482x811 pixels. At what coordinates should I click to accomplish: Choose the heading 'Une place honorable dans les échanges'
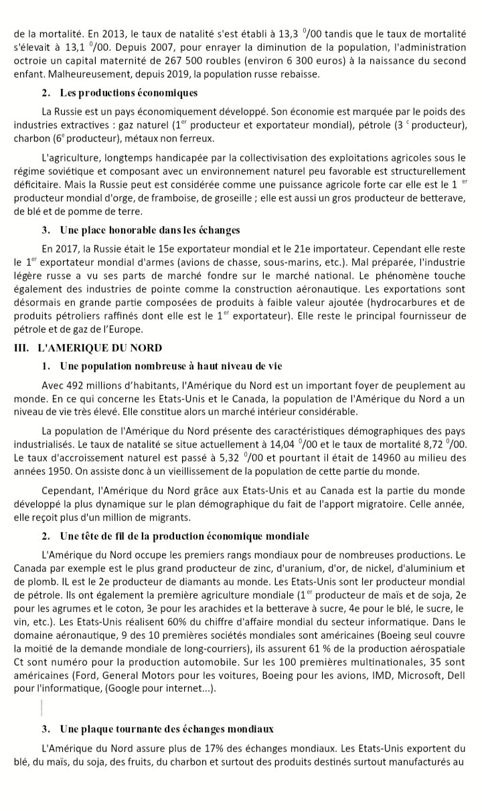150,230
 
